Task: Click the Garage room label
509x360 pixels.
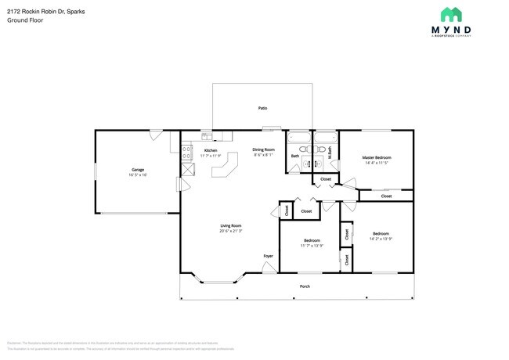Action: coord(138,170)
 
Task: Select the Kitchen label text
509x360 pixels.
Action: coord(211,150)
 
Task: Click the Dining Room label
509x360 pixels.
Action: coord(263,149)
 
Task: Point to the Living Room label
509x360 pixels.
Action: coord(230,225)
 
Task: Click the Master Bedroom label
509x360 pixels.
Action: coord(376,157)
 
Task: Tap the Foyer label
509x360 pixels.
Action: coord(268,256)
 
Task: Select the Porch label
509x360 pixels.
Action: coord(305,286)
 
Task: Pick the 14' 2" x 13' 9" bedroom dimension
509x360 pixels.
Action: coord(381,239)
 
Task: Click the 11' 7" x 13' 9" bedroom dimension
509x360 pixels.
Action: coord(311,246)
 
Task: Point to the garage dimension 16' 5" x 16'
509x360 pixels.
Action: coord(138,175)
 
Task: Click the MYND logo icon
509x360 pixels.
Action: coord(450,15)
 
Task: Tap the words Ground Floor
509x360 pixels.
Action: coord(25,20)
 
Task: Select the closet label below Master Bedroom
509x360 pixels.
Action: coord(386,196)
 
